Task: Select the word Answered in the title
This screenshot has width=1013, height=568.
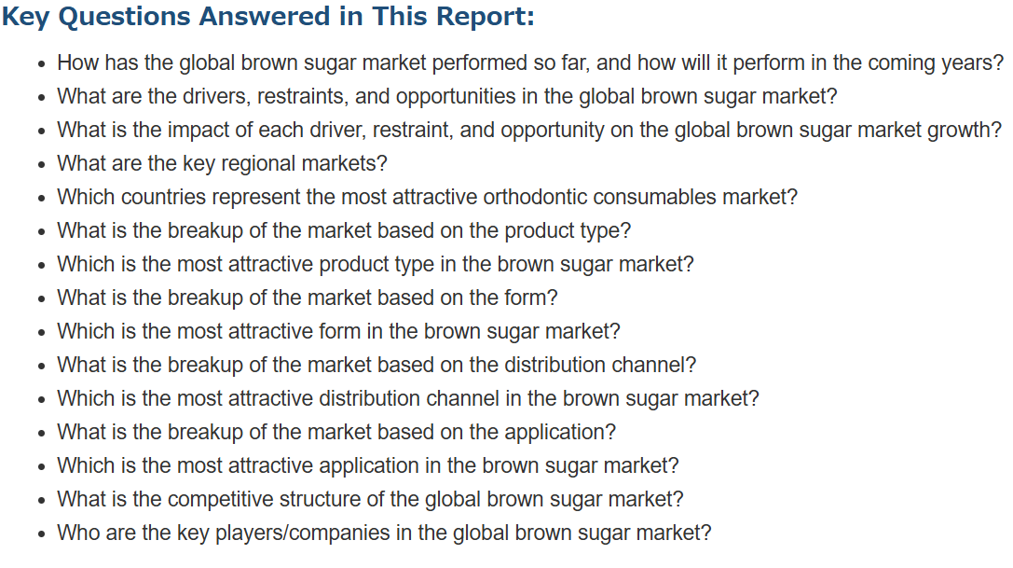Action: coord(264,16)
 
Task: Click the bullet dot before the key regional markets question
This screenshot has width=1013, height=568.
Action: coord(42,165)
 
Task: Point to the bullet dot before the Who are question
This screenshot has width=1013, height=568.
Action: coord(42,534)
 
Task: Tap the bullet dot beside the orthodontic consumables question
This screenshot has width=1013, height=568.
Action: coord(42,199)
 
